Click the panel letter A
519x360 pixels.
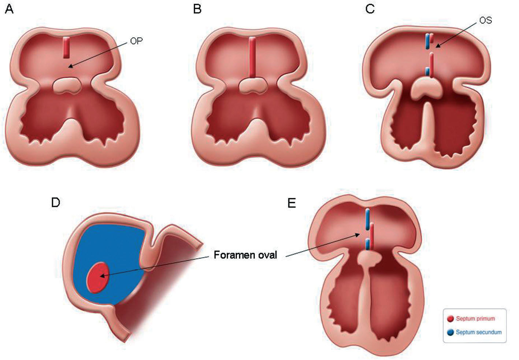(x=9, y=9)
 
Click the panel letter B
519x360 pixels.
(x=197, y=9)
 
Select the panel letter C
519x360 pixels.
(x=370, y=9)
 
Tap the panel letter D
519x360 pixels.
(x=55, y=202)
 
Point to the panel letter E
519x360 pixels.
(x=292, y=203)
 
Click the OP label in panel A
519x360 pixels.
(x=136, y=41)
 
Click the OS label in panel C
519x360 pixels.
(x=485, y=21)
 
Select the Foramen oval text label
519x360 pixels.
(x=245, y=255)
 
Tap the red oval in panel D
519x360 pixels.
(x=97, y=277)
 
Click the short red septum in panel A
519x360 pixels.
(x=66, y=47)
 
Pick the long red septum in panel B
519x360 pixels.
(x=252, y=57)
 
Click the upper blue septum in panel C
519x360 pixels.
(x=427, y=41)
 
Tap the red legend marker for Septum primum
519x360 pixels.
(x=450, y=319)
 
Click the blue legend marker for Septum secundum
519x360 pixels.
(x=450, y=332)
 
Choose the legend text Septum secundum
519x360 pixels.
(x=478, y=332)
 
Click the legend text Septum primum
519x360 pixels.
(x=475, y=319)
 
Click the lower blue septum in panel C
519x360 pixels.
(x=427, y=71)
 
